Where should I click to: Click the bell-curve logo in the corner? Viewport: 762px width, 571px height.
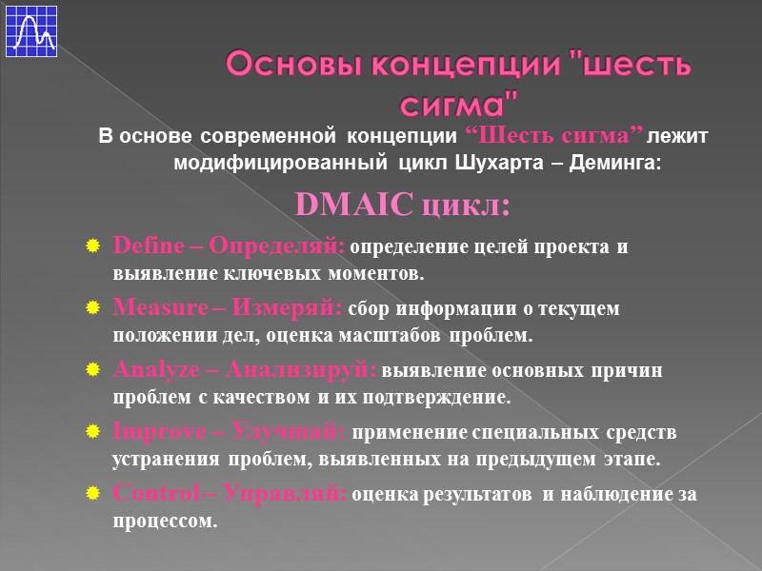click(30, 30)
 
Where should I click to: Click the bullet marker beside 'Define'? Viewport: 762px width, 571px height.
click(91, 247)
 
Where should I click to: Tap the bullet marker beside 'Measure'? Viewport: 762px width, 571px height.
click(91, 309)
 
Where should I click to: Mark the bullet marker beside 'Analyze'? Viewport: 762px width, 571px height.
click(91, 370)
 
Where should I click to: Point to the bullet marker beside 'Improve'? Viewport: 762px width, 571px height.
click(91, 433)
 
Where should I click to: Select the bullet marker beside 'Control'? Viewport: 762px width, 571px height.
click(91, 494)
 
